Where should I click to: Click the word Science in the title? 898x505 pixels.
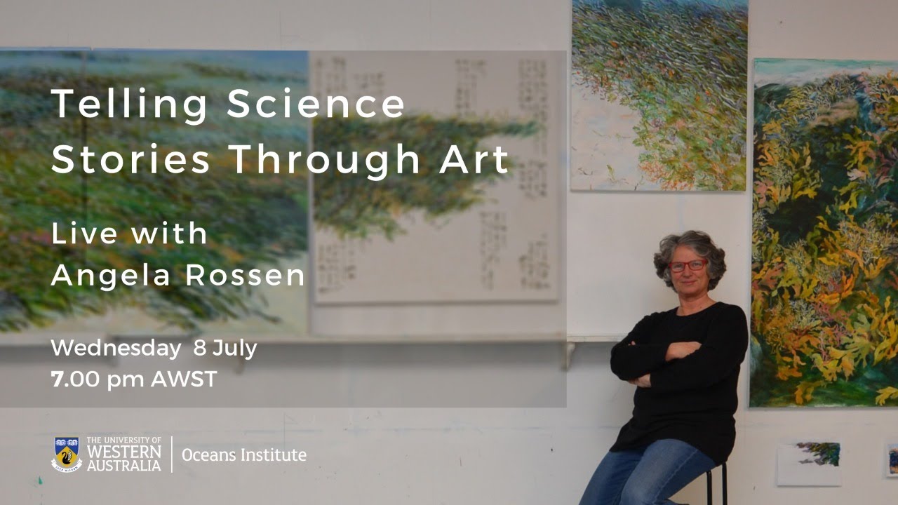pyautogui.click(x=316, y=105)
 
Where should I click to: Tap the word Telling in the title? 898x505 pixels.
pyautogui.click(x=130, y=105)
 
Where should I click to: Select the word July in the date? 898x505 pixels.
pyautogui.click(x=234, y=348)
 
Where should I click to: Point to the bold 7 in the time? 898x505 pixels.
pyautogui.click(x=56, y=379)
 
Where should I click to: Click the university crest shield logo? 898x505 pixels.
pyautogui.click(x=67, y=454)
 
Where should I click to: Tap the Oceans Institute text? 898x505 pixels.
pyautogui.click(x=243, y=454)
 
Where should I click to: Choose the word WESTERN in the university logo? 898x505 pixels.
pyautogui.click(x=124, y=450)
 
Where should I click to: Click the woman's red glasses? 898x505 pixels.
pyautogui.click(x=688, y=266)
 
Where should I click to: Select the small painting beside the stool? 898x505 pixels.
pyautogui.click(x=809, y=463)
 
